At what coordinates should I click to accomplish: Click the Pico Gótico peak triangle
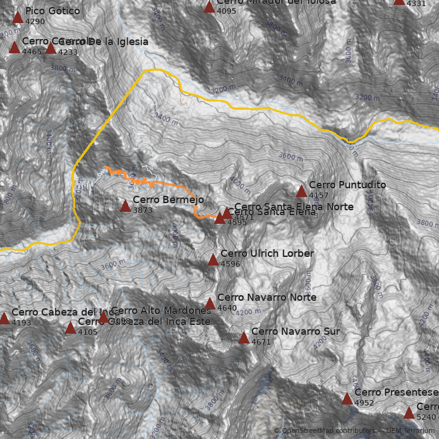point(18,18)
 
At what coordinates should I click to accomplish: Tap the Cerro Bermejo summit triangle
point(125,206)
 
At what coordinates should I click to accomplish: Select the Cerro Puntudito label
point(347,185)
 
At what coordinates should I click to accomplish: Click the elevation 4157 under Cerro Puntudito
point(319,195)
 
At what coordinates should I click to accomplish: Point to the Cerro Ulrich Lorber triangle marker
point(213,260)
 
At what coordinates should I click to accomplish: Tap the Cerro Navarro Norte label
point(267,297)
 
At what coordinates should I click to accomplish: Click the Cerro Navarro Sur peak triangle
point(244,338)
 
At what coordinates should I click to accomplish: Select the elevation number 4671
point(261,342)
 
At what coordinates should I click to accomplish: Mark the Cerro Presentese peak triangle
point(347,398)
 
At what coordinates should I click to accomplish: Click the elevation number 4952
point(364,403)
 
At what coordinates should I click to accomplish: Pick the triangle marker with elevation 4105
point(70,328)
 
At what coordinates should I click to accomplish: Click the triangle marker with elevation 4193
point(4,318)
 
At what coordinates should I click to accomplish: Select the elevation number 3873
point(143,210)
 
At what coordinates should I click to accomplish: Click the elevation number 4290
point(35,22)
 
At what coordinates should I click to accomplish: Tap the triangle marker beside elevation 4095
point(209,7)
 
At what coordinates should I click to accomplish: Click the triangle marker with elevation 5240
point(409,413)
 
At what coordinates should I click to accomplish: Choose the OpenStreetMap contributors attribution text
point(324,431)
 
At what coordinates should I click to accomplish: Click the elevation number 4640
point(227,308)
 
